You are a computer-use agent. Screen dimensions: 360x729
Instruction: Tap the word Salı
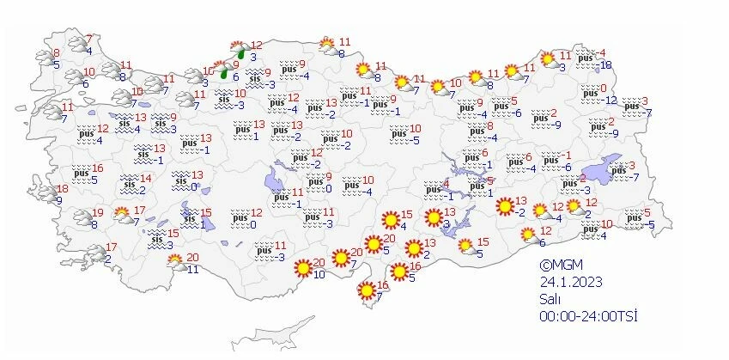[550, 299]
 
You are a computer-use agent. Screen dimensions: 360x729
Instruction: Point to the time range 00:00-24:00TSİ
[587, 316]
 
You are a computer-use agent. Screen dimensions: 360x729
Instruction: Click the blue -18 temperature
[605, 65]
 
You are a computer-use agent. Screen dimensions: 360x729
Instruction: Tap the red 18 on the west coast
[62, 189]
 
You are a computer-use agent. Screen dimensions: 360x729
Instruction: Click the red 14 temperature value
[145, 179]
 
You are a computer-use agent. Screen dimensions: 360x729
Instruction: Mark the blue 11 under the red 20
[193, 269]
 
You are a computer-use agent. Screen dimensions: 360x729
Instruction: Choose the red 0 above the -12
[604, 88]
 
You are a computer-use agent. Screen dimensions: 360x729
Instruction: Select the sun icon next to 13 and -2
[506, 206]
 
